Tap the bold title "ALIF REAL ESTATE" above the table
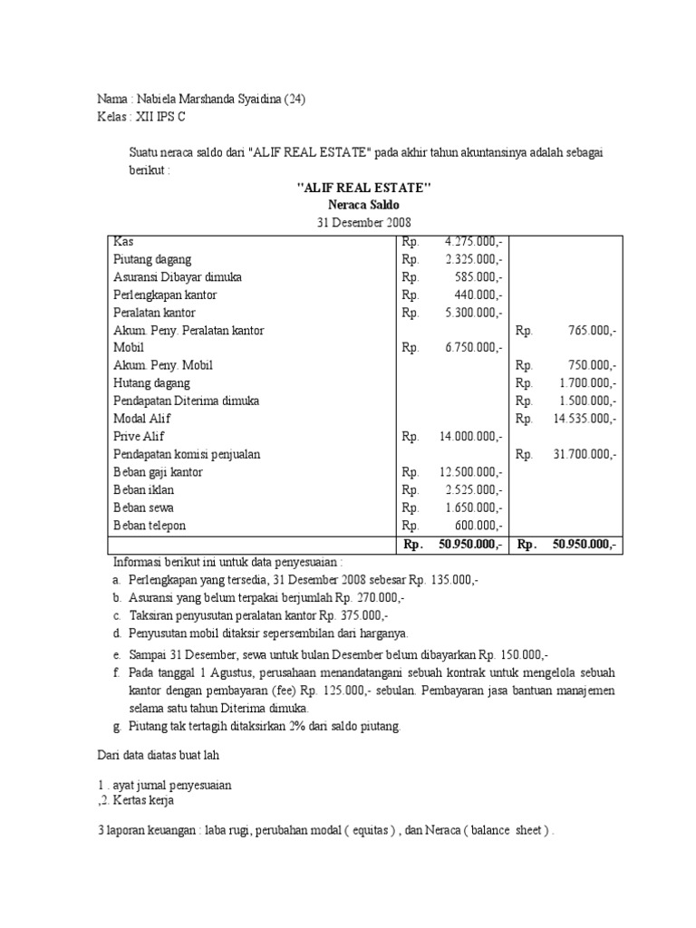(x=364, y=188)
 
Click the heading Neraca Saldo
(x=364, y=206)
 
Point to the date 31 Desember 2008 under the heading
(x=364, y=224)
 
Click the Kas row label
(x=122, y=242)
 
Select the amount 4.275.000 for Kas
(x=473, y=242)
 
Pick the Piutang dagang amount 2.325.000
(x=473, y=259)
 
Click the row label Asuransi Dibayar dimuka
(x=178, y=277)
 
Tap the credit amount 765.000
(x=587, y=331)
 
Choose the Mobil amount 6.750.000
(x=473, y=348)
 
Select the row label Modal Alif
(x=142, y=419)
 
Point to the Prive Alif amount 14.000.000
(x=469, y=437)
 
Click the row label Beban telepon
(x=150, y=526)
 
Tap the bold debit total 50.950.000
(x=469, y=545)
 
